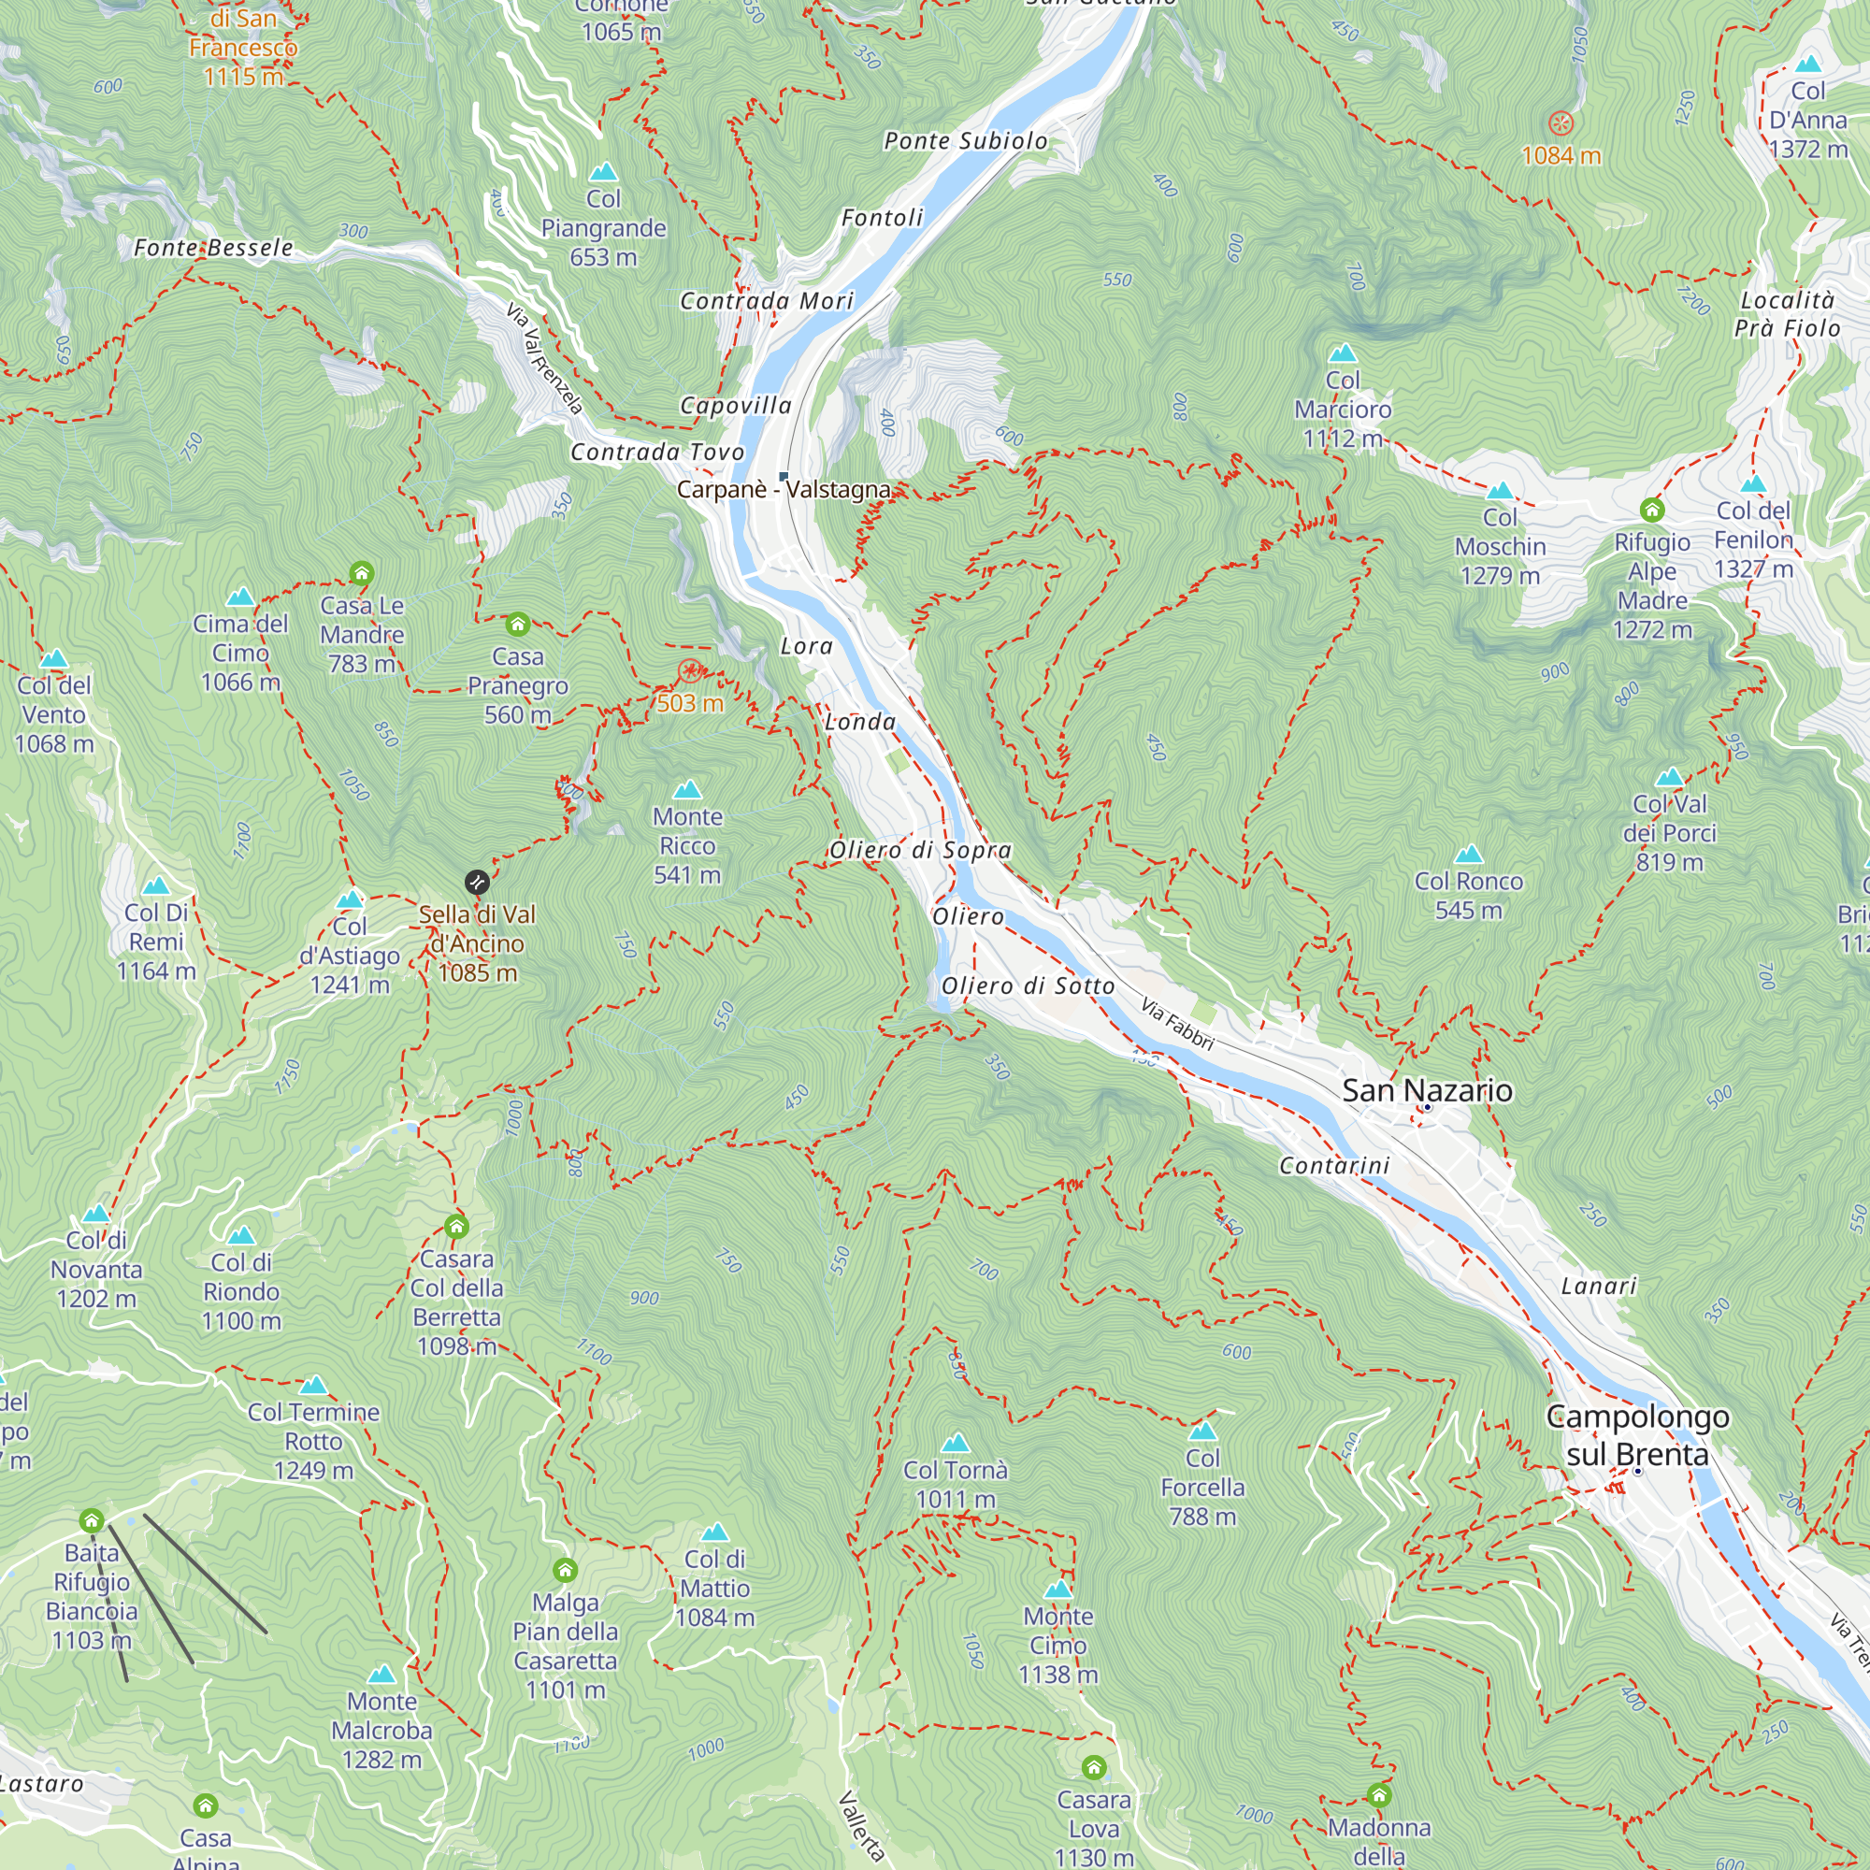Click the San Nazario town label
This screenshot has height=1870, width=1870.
click(x=1427, y=1091)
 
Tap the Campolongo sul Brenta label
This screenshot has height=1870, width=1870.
click(x=1637, y=1435)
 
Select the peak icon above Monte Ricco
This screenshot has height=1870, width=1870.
click(x=687, y=790)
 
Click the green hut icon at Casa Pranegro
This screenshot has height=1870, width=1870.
click(x=518, y=625)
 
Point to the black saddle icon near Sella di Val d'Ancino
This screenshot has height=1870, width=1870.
click(x=476, y=882)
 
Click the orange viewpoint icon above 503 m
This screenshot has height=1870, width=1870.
click(x=690, y=670)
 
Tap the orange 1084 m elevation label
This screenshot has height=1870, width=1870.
click(x=1561, y=156)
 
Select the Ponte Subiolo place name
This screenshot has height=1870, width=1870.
click(x=965, y=141)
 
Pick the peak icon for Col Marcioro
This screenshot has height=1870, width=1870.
click(x=1343, y=353)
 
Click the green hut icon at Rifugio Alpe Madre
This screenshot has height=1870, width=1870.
click(x=1651, y=510)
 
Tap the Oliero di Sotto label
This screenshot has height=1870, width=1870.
click(x=1027, y=986)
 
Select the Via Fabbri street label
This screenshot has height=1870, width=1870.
click(x=1176, y=1024)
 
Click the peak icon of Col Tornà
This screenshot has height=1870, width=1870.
click(x=956, y=1443)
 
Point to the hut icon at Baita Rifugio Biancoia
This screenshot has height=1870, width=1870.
click(x=92, y=1519)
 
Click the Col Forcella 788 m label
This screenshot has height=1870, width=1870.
click(x=1202, y=1487)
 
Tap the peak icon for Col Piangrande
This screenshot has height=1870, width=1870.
click(x=603, y=172)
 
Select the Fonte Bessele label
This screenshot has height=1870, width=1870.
click(x=213, y=249)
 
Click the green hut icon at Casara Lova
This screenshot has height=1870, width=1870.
click(x=1094, y=1767)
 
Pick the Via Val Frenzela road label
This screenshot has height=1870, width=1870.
click(x=544, y=358)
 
